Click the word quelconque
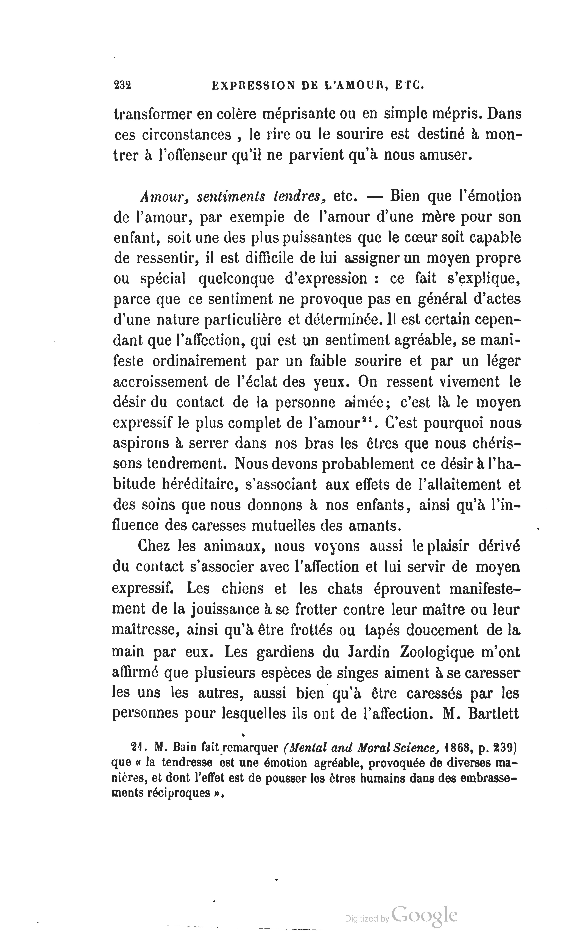pos(236,279)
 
